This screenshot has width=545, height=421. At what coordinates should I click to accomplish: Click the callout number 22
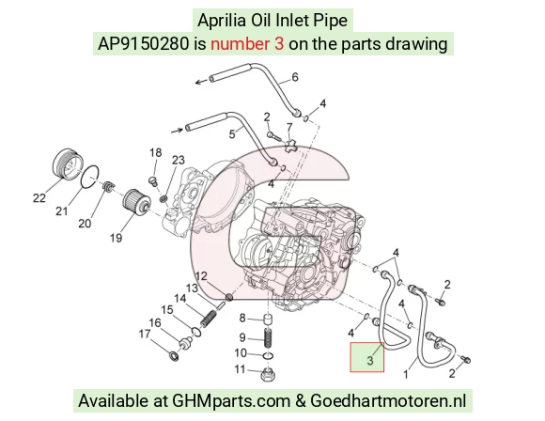[39, 198]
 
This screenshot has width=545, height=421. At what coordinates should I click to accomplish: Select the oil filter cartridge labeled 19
[136, 202]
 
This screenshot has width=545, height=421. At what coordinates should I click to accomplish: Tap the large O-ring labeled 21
[90, 177]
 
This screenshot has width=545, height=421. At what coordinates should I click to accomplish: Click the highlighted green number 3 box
[367, 357]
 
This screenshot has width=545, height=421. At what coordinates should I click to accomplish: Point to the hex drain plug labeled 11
[268, 375]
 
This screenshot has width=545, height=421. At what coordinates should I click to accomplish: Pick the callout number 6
[295, 77]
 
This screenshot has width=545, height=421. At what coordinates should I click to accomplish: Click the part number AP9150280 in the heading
[143, 44]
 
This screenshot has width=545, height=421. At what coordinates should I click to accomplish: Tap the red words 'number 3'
[247, 44]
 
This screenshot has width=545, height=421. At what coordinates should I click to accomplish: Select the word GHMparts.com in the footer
[231, 400]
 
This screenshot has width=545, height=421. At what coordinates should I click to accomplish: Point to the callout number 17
[145, 334]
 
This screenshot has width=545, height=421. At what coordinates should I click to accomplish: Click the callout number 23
[178, 160]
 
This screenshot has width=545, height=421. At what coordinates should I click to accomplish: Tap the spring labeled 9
[268, 337]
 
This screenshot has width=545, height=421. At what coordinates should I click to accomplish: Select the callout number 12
[201, 276]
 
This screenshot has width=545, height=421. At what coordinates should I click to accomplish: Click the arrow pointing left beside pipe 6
[201, 82]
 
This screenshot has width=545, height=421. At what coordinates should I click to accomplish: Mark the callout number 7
[289, 128]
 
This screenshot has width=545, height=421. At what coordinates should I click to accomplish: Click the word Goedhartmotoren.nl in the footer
[388, 400]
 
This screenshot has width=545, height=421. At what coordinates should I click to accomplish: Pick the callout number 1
[406, 374]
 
